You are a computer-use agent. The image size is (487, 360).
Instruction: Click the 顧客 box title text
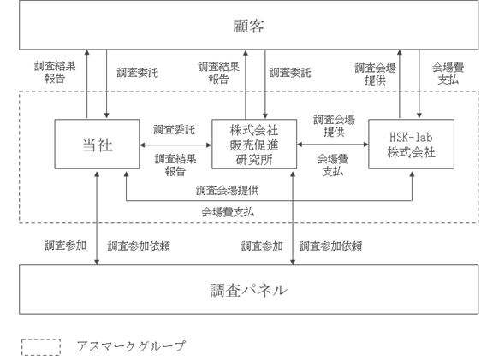tap(248, 26)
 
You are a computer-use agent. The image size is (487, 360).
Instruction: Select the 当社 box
tap(97, 144)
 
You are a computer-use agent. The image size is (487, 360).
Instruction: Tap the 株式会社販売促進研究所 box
tap(254, 144)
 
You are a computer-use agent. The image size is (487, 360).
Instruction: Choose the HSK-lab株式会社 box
tap(411, 144)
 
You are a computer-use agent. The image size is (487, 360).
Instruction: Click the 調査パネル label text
tap(248, 290)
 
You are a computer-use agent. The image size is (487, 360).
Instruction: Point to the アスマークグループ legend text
tap(131, 346)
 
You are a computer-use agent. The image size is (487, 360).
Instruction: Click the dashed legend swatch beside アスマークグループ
tap(41, 347)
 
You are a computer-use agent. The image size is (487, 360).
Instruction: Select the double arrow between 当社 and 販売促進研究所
tap(175, 145)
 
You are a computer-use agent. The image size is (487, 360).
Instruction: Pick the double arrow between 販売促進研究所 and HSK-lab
tap(333, 145)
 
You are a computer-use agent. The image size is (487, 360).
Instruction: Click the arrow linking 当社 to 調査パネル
tap(97, 218)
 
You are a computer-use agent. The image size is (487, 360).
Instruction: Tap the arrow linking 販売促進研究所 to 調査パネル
tap(293, 218)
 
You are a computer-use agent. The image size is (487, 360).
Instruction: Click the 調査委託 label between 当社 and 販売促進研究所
tap(175, 129)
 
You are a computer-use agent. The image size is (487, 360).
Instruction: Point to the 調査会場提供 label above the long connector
tap(228, 190)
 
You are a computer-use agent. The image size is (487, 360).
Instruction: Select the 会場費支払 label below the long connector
tap(228, 212)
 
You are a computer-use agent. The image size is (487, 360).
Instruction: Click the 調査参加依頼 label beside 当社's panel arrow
tap(139, 245)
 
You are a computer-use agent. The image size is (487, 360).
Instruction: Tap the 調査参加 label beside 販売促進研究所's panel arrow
tap(262, 245)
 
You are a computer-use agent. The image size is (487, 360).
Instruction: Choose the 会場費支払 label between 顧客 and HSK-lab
tap(448, 74)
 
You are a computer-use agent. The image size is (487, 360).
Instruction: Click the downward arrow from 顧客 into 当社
tap(106, 84)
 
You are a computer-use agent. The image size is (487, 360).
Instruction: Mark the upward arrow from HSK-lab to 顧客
tap(400, 84)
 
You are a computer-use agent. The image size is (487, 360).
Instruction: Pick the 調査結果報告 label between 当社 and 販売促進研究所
tap(175, 165)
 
